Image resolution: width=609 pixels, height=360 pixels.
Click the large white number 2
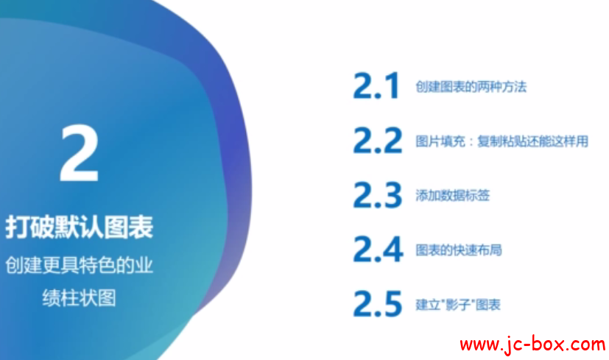(80, 153)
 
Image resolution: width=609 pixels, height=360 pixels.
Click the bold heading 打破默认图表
(80, 227)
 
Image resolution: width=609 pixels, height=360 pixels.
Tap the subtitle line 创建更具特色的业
(80, 266)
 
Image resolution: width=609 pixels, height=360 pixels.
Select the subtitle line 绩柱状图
(80, 298)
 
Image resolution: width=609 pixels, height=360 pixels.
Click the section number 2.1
(376, 85)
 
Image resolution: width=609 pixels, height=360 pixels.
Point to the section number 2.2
(378, 140)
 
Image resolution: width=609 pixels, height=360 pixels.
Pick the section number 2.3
(378, 194)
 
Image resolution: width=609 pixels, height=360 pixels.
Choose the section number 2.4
(378, 249)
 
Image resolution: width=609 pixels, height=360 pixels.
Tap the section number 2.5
(378, 303)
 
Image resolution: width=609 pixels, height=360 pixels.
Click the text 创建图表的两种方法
(471, 87)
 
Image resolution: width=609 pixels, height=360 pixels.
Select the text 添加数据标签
(452, 195)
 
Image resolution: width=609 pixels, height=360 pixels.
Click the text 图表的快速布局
(459, 250)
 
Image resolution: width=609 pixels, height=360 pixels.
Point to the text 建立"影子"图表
(458, 305)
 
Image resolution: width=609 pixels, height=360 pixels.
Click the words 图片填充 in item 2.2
(440, 141)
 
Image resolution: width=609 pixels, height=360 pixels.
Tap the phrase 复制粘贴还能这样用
(533, 141)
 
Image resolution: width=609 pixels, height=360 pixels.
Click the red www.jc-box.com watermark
(532, 345)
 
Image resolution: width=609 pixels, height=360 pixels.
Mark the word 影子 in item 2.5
(458, 305)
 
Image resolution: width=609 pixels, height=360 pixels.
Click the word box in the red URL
(544, 344)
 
